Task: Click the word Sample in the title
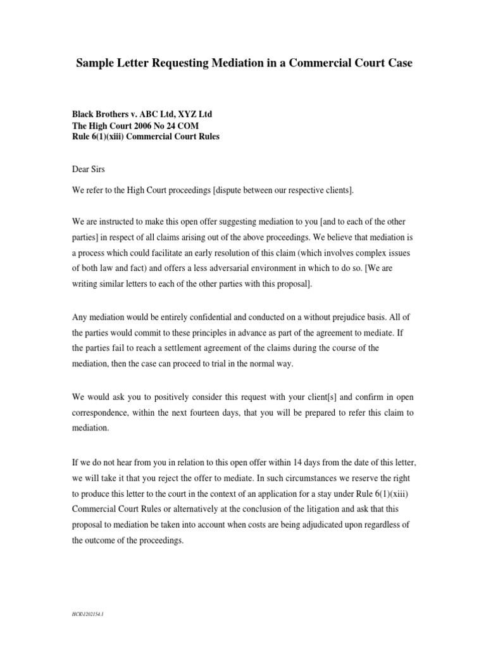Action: pyautogui.click(x=95, y=64)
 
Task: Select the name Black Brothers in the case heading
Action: pyautogui.click(x=102, y=115)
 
